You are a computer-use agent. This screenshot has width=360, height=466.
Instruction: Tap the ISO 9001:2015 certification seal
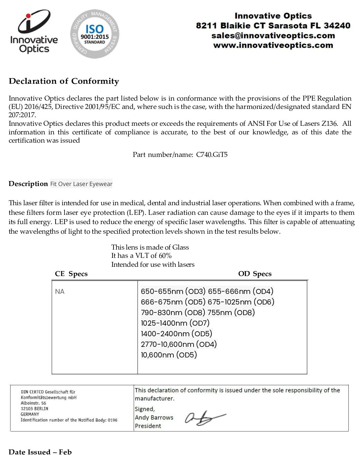pyautogui.click(x=95, y=34)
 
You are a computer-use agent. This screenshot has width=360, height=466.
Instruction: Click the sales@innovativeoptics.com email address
pyautogui.click(x=273, y=35)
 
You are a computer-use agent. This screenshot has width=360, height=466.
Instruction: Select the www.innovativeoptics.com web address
pyautogui.click(x=273, y=45)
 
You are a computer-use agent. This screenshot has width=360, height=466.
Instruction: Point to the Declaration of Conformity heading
pyautogui.click(x=64, y=81)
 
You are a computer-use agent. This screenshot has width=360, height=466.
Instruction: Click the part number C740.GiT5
pyautogui.click(x=212, y=155)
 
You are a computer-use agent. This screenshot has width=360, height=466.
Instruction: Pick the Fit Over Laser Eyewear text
pyautogui.click(x=81, y=184)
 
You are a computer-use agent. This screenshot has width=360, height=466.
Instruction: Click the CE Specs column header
pyautogui.click(x=71, y=274)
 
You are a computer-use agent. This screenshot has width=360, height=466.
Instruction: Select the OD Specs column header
pyautogui.click(x=255, y=274)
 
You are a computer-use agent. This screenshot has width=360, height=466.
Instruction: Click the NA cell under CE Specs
pyautogui.click(x=60, y=292)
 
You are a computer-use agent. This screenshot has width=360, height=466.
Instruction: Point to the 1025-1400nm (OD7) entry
pyautogui.click(x=175, y=323)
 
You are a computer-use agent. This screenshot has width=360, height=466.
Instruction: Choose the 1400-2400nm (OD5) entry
pyautogui.click(x=176, y=334)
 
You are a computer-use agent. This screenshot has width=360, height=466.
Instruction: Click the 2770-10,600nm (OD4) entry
pyautogui.click(x=179, y=344)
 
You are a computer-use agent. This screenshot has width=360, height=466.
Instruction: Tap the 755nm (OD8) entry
pyautogui.click(x=231, y=312)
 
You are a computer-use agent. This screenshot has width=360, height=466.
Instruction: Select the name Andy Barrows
pyautogui.click(x=154, y=417)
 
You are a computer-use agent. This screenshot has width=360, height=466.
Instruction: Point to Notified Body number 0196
pyautogui.click(x=112, y=420)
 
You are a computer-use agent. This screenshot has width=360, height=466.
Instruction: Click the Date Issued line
pyautogui.click(x=40, y=452)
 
